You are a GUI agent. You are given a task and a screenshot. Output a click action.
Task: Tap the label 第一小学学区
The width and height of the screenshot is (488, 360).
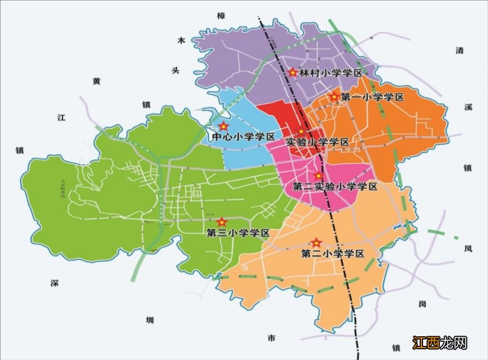[373, 97]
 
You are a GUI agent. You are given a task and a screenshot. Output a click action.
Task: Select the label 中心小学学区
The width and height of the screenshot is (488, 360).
[243, 137]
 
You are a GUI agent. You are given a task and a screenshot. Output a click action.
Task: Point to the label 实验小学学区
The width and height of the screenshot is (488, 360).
[317, 142]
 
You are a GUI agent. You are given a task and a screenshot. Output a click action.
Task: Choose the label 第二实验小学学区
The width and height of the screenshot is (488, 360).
[334, 186]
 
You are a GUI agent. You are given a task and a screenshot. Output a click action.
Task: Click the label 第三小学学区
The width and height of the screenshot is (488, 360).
[238, 233]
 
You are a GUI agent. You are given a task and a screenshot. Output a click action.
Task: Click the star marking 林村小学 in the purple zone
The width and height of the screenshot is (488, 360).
[293, 72]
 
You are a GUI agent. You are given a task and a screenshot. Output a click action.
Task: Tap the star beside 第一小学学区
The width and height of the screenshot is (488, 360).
[334, 97]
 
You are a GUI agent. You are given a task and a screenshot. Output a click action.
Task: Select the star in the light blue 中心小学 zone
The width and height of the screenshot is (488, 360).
[224, 126]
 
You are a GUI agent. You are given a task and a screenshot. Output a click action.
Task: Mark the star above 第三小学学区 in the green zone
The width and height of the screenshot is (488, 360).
[222, 222]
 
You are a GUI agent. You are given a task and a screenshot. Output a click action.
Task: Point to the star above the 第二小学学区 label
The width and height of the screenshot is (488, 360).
[316, 242]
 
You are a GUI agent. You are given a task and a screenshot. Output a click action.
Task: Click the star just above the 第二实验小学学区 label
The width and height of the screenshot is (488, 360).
[318, 176]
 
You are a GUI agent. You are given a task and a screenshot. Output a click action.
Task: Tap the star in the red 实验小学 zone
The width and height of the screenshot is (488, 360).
[302, 132]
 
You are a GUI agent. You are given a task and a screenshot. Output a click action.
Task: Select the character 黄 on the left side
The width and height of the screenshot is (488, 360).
[97, 81]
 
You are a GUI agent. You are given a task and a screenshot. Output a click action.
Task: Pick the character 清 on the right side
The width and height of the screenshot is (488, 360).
[459, 50]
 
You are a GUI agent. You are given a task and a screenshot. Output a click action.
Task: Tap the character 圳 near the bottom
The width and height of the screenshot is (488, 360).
[149, 320]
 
